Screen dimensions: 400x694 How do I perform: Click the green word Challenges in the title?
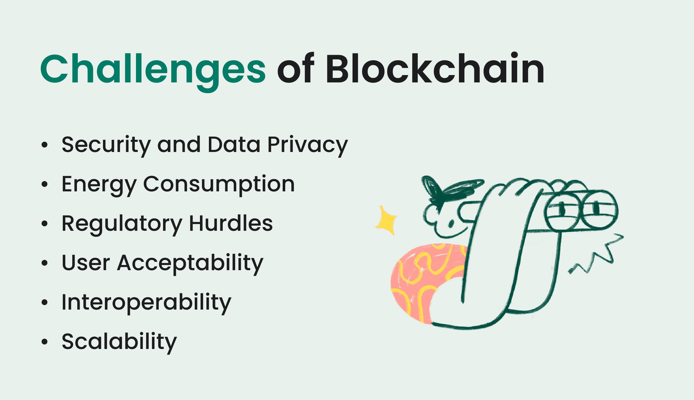coord(153,69)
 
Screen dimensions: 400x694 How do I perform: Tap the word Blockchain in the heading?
coord(434,69)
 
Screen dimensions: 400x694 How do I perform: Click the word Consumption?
coord(219,184)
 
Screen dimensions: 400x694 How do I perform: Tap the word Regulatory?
coord(122,224)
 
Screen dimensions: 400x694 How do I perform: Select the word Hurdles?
coord(231,223)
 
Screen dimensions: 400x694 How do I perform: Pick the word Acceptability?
coord(190,263)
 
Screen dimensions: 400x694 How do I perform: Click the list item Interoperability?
coord(146,302)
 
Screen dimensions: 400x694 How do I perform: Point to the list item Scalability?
coord(119,342)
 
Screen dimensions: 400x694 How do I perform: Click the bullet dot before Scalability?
coord(44,342)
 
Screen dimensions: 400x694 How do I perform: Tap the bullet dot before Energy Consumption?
coord(44,184)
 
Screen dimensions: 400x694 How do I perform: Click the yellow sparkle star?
coord(386,220)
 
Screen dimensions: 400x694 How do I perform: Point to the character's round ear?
coord(430,215)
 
